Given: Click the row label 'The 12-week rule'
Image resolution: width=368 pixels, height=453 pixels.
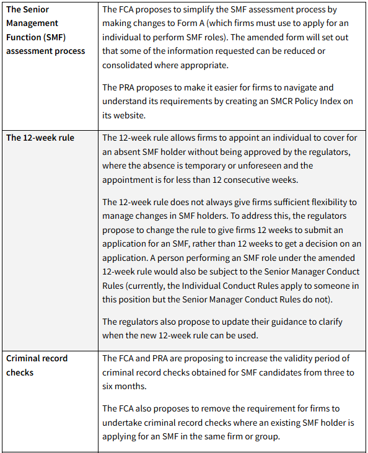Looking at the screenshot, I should [40, 138].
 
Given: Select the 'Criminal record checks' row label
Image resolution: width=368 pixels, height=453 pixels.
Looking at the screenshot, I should [37, 365].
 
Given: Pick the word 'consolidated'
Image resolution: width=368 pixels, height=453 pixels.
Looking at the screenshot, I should [129, 64].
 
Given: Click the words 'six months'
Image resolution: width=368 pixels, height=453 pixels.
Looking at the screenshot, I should [126, 386].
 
